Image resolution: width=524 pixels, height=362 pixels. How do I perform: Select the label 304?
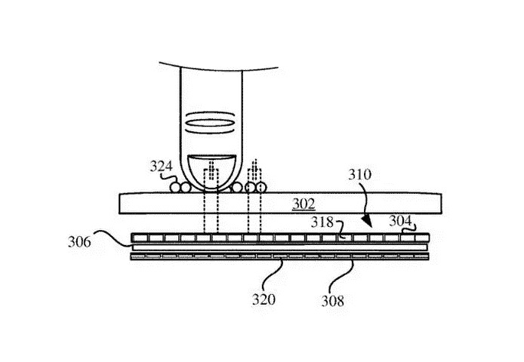point(401,221)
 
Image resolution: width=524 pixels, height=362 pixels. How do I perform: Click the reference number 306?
point(80,243)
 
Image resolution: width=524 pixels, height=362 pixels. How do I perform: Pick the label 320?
point(264,299)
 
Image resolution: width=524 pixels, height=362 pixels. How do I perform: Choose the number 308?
point(332,301)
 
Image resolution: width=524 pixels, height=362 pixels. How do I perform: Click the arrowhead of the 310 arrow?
point(368,224)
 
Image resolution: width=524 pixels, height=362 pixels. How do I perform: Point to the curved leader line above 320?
point(276,275)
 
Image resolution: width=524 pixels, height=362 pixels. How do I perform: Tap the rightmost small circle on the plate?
point(260,186)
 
